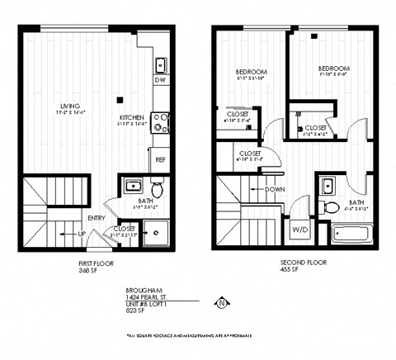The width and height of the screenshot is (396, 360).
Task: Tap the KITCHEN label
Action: (133, 118)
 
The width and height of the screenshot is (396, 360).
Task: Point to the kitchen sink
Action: (162, 64)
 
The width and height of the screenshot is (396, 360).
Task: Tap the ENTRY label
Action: (97, 218)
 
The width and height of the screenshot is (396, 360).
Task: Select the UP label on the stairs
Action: (81, 234)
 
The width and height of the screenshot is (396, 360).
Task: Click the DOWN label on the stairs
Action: (275, 189)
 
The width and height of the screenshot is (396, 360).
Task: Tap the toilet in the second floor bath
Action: (331, 205)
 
